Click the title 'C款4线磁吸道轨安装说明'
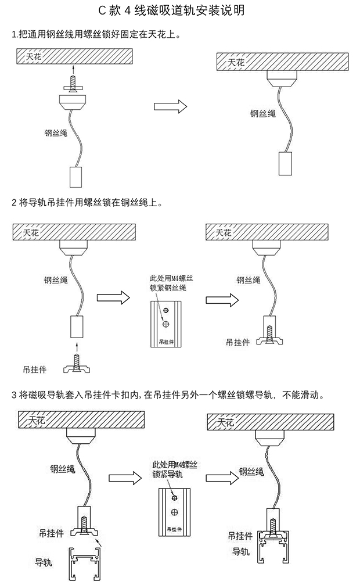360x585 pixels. point(179,10)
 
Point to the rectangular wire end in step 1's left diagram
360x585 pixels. point(75,177)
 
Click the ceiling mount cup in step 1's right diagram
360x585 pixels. point(282,77)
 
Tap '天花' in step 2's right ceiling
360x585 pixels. point(223,232)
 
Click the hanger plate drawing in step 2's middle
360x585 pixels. point(166,325)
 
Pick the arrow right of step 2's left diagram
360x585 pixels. point(113,298)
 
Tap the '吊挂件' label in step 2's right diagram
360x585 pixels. point(238,342)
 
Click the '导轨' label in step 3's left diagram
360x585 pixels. point(44,562)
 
